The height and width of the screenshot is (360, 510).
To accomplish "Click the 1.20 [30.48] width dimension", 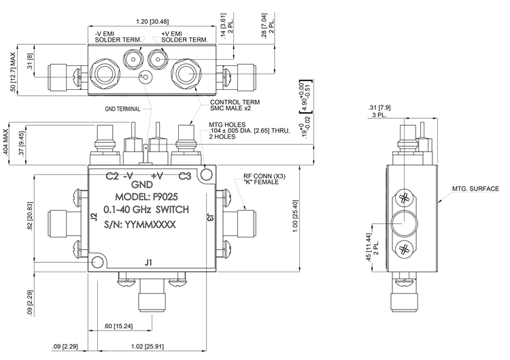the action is click(152, 22).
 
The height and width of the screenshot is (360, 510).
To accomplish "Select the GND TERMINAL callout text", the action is click(122, 109).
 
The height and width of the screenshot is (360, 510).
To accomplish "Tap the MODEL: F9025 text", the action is click(147, 197).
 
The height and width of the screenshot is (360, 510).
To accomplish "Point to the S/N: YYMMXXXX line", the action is click(140, 225).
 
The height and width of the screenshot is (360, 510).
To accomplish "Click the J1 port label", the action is click(149, 263).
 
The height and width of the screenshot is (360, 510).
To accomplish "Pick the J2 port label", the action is click(94, 217).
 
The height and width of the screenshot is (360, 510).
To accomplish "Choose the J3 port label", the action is click(210, 217).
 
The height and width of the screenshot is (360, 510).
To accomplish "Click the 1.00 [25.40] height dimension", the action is click(295, 216).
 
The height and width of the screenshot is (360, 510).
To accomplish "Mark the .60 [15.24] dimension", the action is click(118, 326).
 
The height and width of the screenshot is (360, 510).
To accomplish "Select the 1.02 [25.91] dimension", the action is click(148, 346).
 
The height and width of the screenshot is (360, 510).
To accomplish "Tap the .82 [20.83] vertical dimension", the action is click(30, 216).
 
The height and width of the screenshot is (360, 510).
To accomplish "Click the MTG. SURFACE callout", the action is click(475, 189).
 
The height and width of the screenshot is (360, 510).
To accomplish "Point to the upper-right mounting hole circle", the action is click(207, 174).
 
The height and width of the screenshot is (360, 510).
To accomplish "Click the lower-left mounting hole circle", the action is click(97, 262).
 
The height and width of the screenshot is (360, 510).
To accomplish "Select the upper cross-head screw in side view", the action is click(405, 198).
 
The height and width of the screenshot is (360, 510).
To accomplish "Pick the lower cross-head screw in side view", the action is click(405, 250).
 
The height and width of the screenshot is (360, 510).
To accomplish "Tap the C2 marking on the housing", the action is click(112, 176).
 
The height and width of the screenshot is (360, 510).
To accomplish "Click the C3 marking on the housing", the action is click(185, 176).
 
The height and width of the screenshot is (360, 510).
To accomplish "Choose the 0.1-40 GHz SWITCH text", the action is click(146, 210).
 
